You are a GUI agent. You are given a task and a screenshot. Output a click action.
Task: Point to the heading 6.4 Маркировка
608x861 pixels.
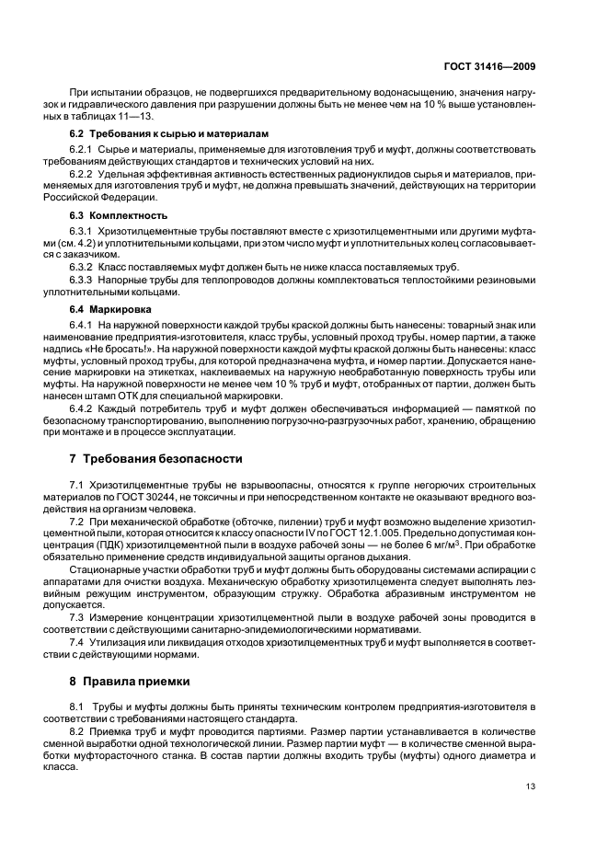click(x=104, y=309)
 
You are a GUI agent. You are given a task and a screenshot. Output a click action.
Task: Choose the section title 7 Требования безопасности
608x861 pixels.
click(x=156, y=458)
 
